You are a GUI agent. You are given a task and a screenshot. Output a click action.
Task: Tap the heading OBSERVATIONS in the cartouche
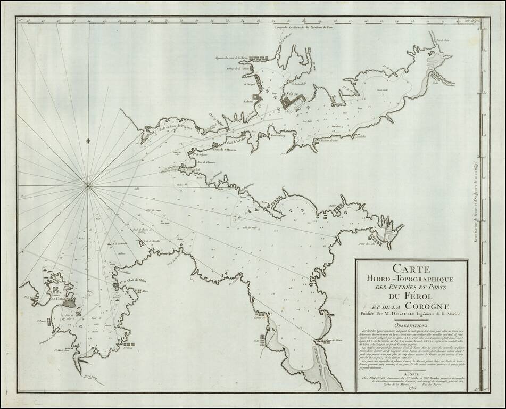coord(411,323)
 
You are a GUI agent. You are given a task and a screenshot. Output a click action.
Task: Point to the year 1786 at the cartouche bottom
coord(411,387)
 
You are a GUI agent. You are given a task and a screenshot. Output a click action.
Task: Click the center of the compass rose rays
coord(88,185)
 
